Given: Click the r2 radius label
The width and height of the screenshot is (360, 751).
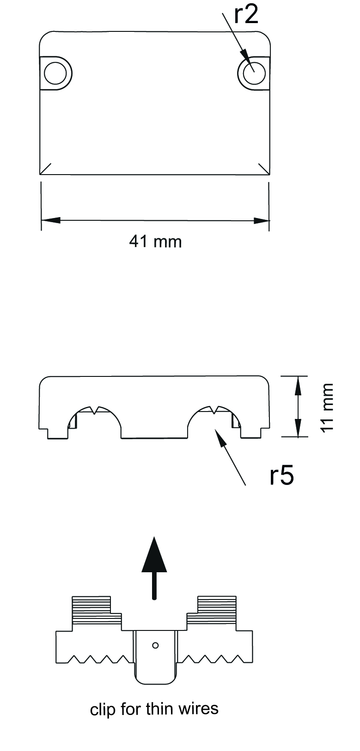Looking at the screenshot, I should [x=245, y=15].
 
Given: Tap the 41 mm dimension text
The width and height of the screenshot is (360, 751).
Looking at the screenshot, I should [x=155, y=241].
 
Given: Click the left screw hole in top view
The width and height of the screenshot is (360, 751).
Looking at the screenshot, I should [x=55, y=73].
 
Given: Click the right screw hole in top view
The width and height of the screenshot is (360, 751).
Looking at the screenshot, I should [x=253, y=73].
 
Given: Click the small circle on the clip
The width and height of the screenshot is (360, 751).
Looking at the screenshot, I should [x=155, y=645].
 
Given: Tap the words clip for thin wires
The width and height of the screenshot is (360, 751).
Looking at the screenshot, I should [x=154, y=709].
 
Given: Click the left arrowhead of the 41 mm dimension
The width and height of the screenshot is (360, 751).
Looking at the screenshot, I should [x=51, y=220].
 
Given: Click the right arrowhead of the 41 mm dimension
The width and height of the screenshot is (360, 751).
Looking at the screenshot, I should [x=260, y=220].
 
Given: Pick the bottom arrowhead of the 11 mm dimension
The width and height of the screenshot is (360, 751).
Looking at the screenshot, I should [x=298, y=428].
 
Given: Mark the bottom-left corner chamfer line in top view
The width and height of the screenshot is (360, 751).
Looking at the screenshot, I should [x=46, y=169].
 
